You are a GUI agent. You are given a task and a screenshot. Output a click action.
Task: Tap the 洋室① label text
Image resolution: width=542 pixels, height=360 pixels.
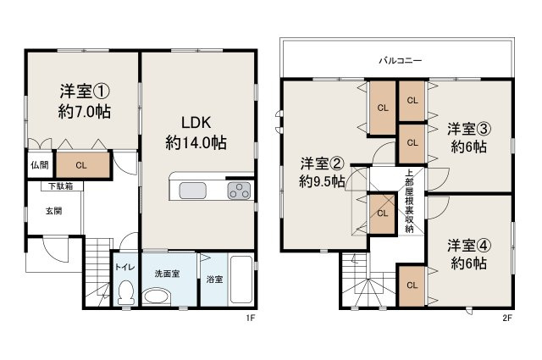pos(86,91)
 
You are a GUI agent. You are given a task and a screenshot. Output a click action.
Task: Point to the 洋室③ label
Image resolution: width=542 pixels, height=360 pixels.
pos(467,128)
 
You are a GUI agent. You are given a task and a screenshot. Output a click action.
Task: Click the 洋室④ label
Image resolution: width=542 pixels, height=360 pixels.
pos(467,245)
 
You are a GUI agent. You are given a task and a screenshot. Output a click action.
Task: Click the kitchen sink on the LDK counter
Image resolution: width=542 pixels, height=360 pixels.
pos(187,190)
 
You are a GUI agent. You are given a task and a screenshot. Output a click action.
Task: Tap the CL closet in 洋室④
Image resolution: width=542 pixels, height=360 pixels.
pos(411,285)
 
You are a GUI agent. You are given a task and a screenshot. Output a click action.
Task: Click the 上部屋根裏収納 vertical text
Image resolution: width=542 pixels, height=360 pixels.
pos(410,201)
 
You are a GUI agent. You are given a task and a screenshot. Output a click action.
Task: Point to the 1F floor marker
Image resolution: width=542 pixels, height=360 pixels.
pos(250,318)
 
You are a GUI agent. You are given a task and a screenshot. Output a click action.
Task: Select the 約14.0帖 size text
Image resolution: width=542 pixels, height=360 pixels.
pos(196,142)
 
